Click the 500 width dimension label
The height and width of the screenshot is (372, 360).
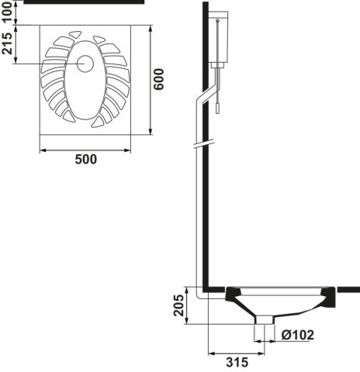click(86, 160)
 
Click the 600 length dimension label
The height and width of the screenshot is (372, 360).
click(158, 79)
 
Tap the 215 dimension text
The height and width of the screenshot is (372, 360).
click(7, 43)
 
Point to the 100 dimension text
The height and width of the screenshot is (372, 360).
click(7, 12)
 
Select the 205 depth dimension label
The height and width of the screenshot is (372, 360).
click(178, 305)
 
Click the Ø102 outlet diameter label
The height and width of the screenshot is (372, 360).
click(298, 335)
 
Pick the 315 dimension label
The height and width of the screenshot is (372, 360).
click(237, 363)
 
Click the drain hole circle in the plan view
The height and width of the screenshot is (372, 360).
click(85, 64)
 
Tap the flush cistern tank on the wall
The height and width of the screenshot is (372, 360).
click(219, 36)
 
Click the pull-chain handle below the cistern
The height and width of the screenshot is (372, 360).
click(218, 108)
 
